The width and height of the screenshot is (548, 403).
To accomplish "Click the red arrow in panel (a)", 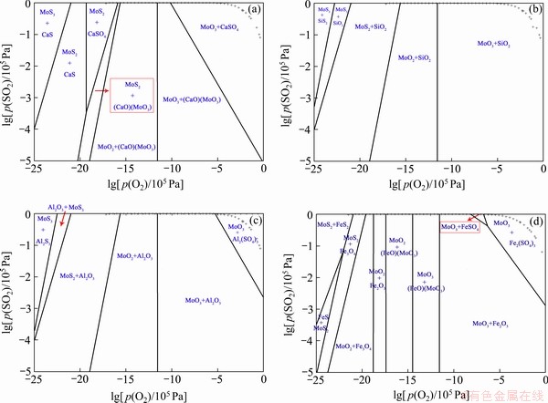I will tap(100, 91).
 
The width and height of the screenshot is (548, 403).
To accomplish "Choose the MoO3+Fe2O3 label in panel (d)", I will tap(491, 324).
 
